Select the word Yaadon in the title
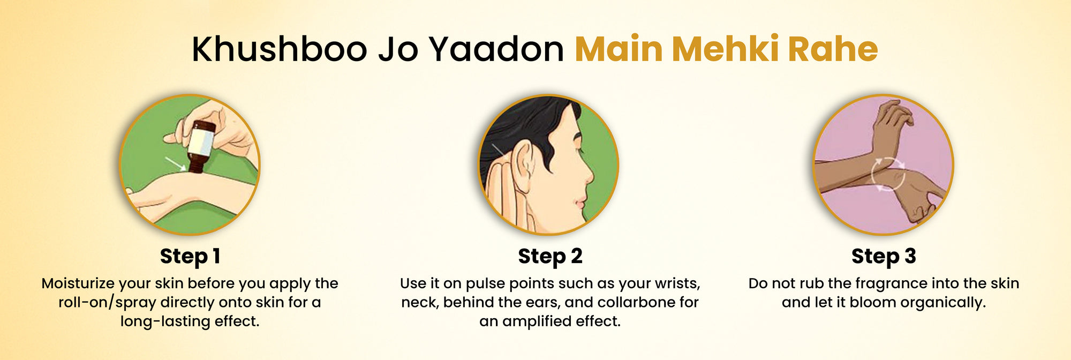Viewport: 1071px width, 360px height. point(496,49)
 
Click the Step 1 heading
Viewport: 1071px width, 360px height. point(190,257)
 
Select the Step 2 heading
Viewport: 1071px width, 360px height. point(550,257)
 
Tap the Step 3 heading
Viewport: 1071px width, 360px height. point(884,257)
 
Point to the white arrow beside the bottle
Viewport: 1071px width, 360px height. point(176,163)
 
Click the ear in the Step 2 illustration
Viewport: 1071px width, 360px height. point(523,167)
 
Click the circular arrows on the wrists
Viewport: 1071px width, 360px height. point(887,174)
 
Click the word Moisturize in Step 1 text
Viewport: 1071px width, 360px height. point(78,283)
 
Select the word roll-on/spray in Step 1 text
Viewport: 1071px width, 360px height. point(108,303)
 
